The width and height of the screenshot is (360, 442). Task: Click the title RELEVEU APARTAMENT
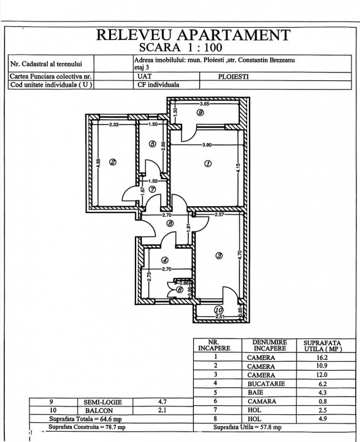coord(193,34)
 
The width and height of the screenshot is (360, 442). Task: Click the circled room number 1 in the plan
coord(208,164)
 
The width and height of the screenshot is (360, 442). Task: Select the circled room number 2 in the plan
coord(112,163)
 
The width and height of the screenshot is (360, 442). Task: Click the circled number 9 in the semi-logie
coord(200,114)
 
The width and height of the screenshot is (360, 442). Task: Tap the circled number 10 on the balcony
coord(219,311)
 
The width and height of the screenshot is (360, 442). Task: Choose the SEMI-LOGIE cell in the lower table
coord(98,403)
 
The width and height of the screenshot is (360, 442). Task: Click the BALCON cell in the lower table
coord(98,411)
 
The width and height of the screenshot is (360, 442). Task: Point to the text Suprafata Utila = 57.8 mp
coord(247,427)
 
